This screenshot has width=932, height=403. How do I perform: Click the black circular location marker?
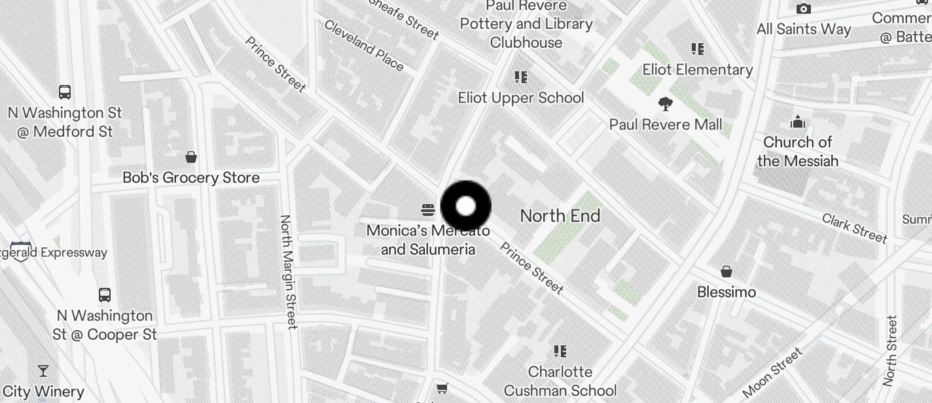tap(465, 206)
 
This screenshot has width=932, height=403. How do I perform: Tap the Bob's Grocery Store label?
tap(191, 177)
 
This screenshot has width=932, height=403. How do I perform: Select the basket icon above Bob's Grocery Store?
tap(191, 157)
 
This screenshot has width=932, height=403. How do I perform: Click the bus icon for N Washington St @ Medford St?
tap(65, 92)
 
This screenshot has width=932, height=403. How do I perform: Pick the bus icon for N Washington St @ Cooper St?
tap(105, 294)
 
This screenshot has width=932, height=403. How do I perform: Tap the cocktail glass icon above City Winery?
tap(43, 371)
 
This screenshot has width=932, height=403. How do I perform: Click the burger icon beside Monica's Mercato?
tap(428, 210)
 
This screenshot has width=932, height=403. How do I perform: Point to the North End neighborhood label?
tap(560, 216)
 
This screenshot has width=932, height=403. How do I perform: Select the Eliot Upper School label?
tap(521, 98)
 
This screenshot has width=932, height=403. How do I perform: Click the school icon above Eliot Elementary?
tap(698, 49)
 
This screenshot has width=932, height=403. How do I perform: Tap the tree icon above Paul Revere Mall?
tap(666, 104)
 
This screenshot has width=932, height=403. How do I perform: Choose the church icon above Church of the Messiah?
tap(798, 122)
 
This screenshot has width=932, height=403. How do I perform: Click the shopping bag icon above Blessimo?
tap(726, 272)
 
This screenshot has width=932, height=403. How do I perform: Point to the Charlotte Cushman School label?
tap(560, 381)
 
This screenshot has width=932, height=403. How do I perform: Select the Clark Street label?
tap(855, 228)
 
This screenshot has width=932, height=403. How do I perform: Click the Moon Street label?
tap(772, 373)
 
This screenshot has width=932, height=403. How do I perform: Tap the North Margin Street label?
tap(289, 272)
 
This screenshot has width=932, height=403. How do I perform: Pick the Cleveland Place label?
tap(364, 45)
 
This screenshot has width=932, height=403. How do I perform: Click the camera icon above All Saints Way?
tap(804, 9)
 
